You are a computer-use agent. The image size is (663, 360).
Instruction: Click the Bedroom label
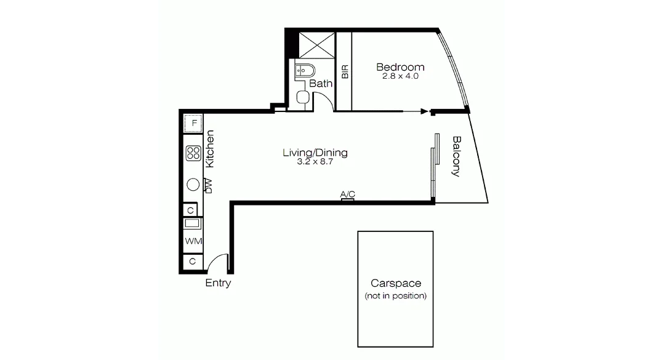coord(400,67)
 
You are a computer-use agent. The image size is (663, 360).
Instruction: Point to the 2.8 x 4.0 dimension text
coord(400,76)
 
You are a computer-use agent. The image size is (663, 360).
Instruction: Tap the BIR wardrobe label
coord(345,71)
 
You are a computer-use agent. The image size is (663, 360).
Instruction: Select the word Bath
coord(321,84)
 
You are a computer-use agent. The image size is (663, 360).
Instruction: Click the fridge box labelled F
coord(194,123)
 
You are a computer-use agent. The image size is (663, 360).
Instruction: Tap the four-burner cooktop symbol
coord(193,153)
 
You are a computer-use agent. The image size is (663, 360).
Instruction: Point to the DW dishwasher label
coord(208,186)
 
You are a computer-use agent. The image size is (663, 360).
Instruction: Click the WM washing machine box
coord(193,241)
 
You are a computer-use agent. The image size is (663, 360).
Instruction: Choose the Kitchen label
coord(210,149)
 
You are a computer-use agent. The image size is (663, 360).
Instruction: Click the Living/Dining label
coord(315,153)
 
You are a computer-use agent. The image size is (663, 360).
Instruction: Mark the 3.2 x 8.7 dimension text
coord(315,162)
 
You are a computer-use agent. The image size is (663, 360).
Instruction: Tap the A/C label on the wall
coord(348,194)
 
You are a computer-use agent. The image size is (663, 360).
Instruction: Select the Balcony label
coord(456,156)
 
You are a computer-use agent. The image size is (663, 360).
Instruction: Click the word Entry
coord(218,283)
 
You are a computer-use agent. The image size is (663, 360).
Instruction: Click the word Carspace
coord(396,284)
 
